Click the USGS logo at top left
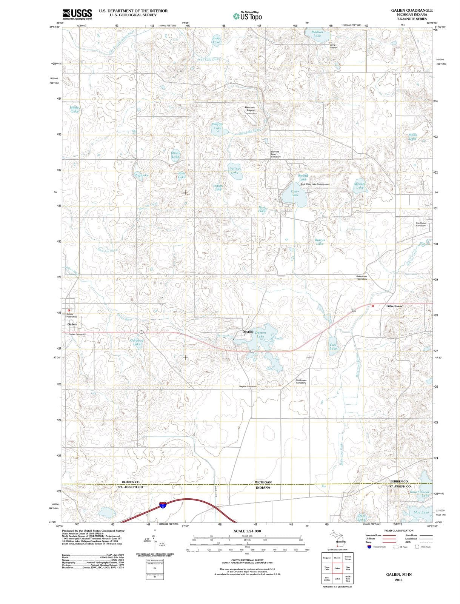(77, 14)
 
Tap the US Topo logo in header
(247, 16)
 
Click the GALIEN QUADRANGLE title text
(412, 10)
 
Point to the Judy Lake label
(216, 40)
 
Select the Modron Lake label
(317, 34)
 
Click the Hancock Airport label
(250, 109)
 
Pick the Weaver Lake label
(360, 186)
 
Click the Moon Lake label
(413, 137)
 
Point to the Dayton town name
(247, 332)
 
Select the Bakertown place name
(394, 306)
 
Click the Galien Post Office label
(72, 316)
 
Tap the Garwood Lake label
(137, 342)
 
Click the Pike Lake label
(333, 347)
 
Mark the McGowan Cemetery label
(301, 382)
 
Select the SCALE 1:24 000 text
(247, 531)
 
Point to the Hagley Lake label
(75, 109)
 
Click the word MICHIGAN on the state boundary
(263, 482)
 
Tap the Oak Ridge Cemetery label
(421, 224)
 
